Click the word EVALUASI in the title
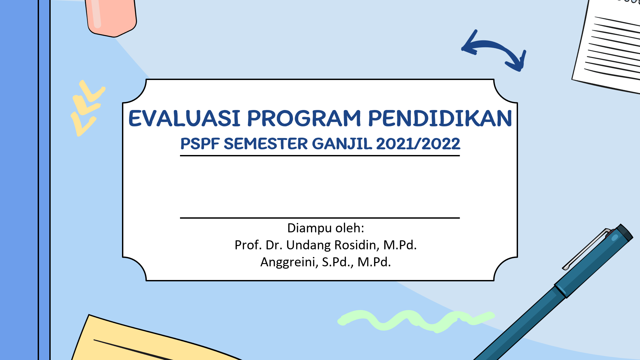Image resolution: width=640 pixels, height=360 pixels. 184,118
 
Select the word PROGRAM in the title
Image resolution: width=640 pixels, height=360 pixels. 304,118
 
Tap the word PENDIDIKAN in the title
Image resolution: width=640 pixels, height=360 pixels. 440,118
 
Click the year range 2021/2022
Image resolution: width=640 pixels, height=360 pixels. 418,144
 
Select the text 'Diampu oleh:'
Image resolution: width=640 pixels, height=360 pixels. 326,228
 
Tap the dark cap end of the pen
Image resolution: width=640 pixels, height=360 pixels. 623,233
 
